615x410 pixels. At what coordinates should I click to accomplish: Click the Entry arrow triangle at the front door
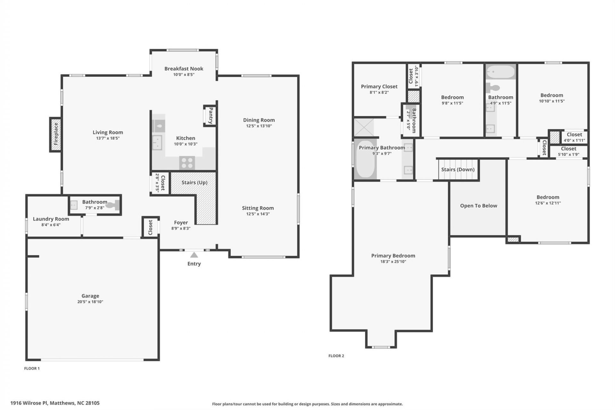pos(194,255)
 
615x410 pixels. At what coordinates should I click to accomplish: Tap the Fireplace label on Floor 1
pos(56,134)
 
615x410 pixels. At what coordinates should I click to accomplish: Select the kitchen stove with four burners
pos(187,163)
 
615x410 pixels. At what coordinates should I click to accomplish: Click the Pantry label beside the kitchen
pos(210,116)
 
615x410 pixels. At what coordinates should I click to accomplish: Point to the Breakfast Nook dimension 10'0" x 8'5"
pos(184,75)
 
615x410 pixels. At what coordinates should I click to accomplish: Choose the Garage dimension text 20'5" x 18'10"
pos(90,302)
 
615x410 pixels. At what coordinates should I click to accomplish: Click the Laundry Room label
pos(51,219)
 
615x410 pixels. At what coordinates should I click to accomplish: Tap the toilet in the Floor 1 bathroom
pos(113,205)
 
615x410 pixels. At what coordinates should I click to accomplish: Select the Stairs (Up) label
pos(194,183)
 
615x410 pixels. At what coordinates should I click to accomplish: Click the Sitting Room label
pos(258,208)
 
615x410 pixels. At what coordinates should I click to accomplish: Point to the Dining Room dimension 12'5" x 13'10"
pos(259,126)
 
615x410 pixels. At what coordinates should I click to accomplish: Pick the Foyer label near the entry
pos(181,223)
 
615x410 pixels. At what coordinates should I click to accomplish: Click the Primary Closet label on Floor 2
pos(379,86)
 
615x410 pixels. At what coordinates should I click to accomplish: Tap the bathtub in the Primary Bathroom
pos(366,159)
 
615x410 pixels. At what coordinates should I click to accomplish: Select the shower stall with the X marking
pos(364,127)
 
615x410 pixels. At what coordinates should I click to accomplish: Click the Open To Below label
pos(479,206)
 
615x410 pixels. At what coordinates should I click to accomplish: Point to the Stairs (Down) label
pos(458,169)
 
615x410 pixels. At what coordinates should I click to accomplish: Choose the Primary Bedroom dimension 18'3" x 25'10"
pos(393,261)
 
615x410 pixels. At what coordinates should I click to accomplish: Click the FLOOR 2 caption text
pos(336,356)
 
